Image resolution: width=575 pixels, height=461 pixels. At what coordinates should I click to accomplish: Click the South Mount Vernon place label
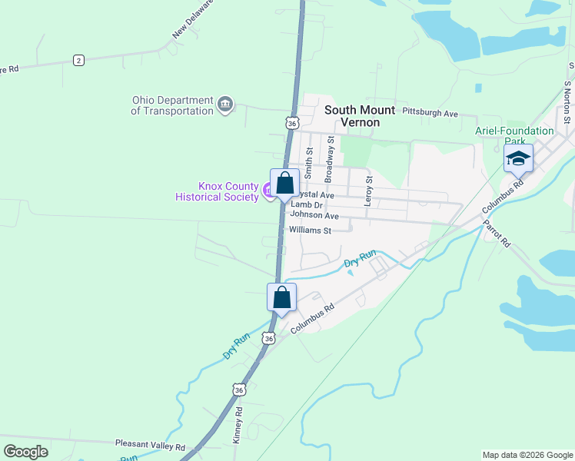click(x=360, y=116)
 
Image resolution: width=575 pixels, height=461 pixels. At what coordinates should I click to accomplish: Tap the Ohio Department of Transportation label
click(x=172, y=105)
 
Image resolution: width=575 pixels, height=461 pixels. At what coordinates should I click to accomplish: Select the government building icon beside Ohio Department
click(x=224, y=104)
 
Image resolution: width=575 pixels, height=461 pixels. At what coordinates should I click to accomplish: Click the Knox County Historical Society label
click(x=218, y=191)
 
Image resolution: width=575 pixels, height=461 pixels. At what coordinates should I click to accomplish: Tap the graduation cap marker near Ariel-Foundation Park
click(x=518, y=159)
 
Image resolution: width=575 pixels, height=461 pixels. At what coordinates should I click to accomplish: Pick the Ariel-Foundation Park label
click(x=514, y=136)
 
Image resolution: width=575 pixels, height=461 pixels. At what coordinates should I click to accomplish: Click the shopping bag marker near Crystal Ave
click(x=284, y=183)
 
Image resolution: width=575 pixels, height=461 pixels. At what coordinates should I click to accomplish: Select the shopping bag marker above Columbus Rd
click(x=281, y=297)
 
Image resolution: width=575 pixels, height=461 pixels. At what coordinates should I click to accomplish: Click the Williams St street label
click(x=310, y=230)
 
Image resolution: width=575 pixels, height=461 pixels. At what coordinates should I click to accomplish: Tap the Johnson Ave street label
click(x=314, y=216)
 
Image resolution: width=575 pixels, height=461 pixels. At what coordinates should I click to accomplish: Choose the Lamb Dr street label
click(x=307, y=205)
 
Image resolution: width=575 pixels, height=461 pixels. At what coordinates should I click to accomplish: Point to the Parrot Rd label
click(x=497, y=234)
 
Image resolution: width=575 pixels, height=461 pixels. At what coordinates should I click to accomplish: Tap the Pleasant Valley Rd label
click(x=150, y=445)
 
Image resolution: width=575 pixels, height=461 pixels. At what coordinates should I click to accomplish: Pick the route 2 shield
click(x=78, y=60)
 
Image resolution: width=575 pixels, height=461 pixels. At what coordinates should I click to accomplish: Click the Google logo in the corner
click(x=25, y=451)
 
